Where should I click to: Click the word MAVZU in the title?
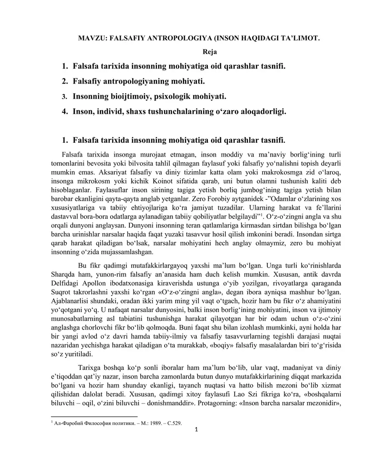click(90, 39)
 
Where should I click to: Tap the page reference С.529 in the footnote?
click(172, 423)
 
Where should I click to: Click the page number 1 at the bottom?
click(196, 430)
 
